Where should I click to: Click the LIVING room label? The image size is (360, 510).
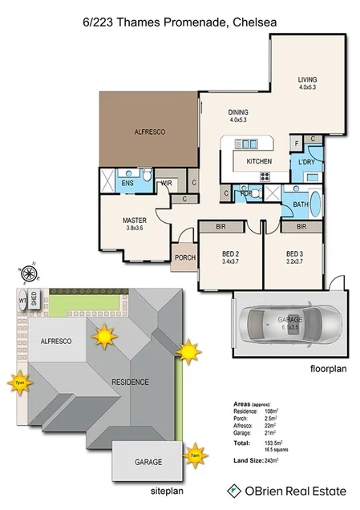coord(308,79)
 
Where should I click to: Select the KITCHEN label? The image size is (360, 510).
coord(258,162)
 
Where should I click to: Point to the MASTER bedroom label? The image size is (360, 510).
coord(134,220)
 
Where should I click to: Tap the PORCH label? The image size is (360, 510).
coord(184,257)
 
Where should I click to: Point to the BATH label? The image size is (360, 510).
coord(301,205)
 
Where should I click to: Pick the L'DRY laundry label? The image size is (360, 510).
coord(306,163)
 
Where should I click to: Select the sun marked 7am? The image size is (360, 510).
coord(194,455)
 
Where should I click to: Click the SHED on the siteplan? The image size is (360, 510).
coord(34,300)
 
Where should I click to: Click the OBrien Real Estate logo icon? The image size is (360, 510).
coord(235,490)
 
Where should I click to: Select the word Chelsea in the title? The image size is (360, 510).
coord(253,24)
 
